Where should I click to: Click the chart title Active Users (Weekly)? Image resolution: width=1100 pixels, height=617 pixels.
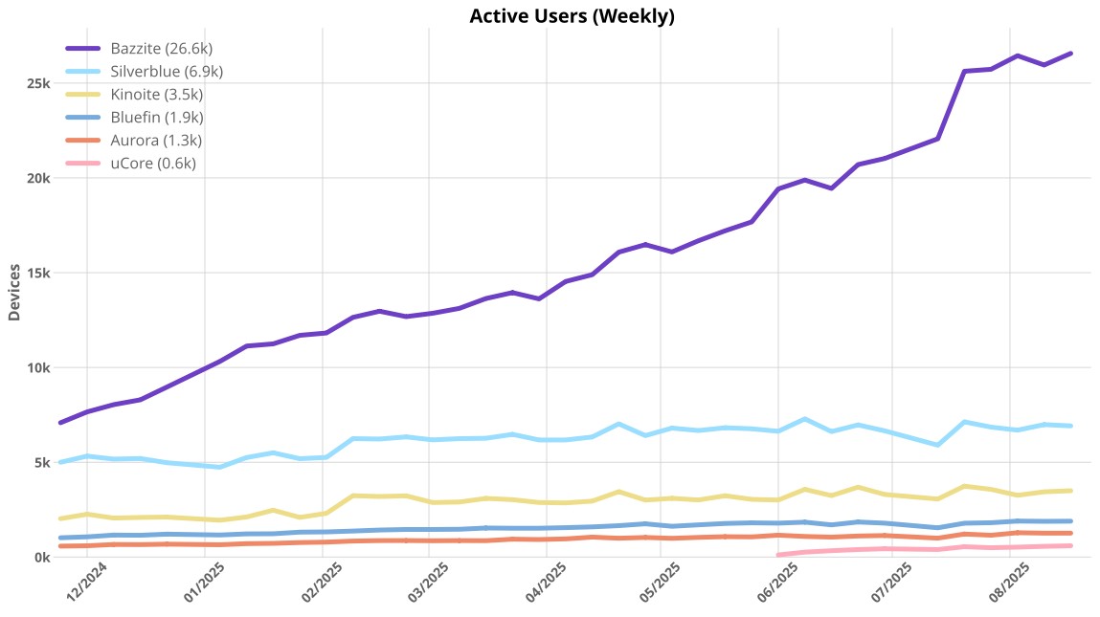[x=572, y=16]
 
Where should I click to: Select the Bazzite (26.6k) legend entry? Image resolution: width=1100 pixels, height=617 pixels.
[x=153, y=49]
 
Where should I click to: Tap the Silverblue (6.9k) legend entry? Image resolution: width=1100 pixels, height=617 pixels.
[x=167, y=72]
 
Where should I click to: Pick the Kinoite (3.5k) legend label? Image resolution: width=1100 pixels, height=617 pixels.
[x=156, y=95]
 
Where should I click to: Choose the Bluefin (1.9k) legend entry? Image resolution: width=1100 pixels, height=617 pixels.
[x=157, y=118]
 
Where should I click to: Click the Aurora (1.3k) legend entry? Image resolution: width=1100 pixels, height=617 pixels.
[x=156, y=141]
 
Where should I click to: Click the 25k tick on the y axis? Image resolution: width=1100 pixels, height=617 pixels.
[x=38, y=84]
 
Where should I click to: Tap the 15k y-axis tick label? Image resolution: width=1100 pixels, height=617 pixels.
[x=38, y=274]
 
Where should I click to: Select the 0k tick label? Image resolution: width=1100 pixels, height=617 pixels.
[x=42, y=558]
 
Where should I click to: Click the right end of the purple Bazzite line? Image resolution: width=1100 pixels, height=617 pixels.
[x=1070, y=54]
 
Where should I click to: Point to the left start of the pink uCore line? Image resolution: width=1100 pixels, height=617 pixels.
[x=778, y=555]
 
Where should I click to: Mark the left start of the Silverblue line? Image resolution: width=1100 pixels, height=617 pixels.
[x=61, y=462]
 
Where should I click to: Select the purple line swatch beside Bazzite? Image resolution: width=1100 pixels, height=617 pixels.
[x=83, y=49]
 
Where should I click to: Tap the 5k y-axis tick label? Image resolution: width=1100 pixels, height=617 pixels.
[x=42, y=463]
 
